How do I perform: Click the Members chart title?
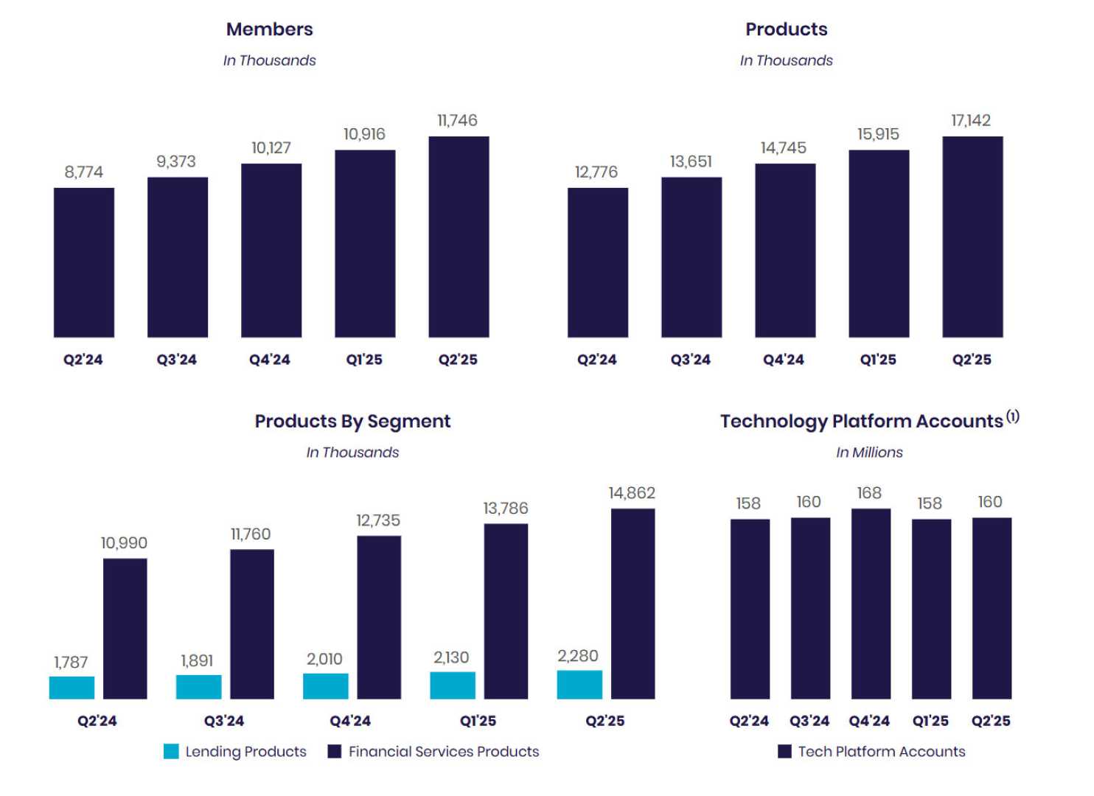269,29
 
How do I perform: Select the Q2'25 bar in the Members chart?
459,237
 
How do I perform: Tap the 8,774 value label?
83,172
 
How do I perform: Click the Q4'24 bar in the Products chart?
785,251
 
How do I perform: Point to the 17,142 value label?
971,121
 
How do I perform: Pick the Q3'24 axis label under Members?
176,360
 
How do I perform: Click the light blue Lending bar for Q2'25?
579,685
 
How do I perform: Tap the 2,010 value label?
324,659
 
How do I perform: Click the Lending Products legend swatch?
171,752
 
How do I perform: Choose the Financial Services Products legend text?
443,752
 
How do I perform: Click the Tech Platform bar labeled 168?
871,604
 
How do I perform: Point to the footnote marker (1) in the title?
1013,416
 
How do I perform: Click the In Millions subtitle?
869,453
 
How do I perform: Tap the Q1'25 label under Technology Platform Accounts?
930,721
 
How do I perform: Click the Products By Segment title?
352,422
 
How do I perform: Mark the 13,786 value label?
505,509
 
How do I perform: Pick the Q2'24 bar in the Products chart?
597,262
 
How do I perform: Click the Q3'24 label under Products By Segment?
224,721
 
